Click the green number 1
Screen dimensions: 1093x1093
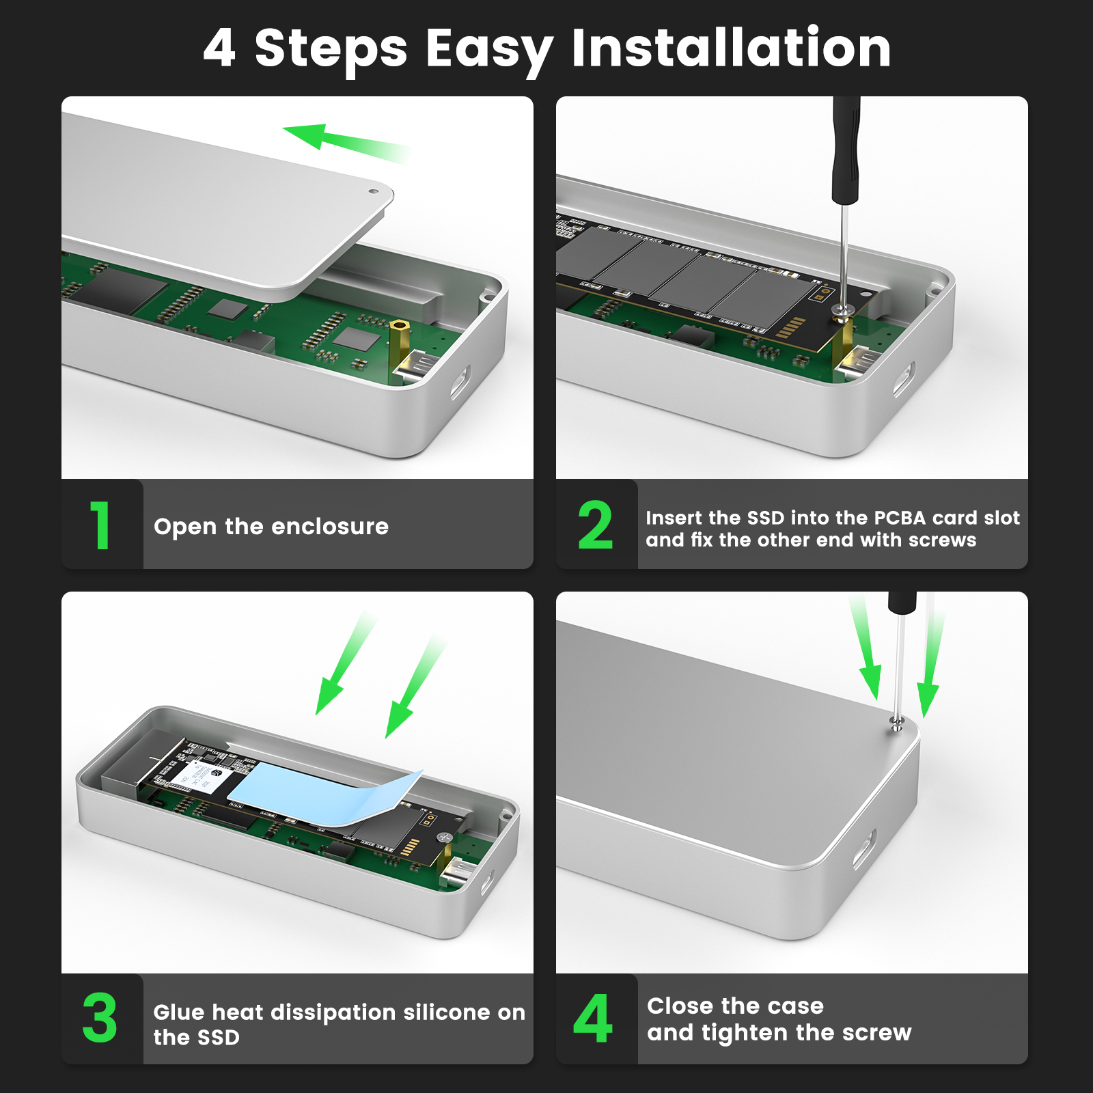click(100, 525)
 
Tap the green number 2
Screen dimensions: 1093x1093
click(595, 525)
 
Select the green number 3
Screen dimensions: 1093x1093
click(100, 1018)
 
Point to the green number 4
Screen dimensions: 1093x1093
click(593, 1018)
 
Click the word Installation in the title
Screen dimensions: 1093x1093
click(731, 48)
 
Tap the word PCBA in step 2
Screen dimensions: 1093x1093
click(890, 518)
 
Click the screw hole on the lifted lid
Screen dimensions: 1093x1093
click(372, 192)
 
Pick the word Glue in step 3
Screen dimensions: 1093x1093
click(178, 1012)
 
